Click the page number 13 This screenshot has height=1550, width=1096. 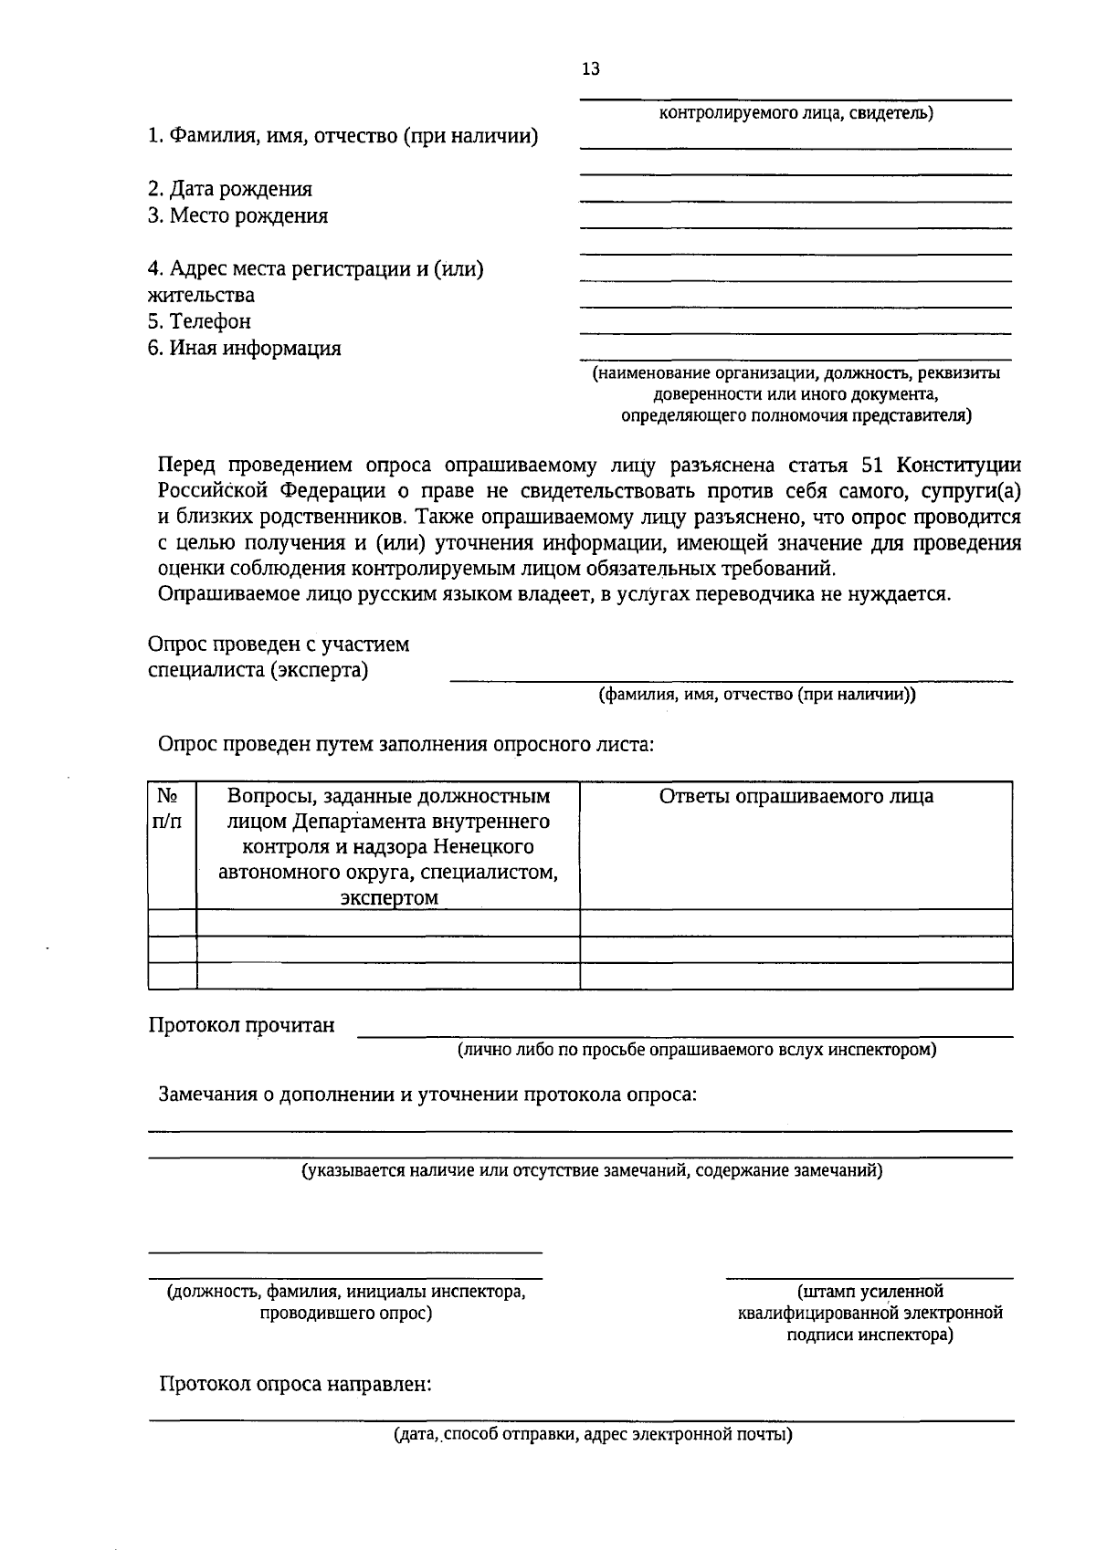pos(590,69)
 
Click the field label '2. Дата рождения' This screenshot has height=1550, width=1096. pos(230,189)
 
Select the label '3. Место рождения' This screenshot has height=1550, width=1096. pos(237,215)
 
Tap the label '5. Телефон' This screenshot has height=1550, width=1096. pos(199,321)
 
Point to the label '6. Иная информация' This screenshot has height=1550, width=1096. pos(245,348)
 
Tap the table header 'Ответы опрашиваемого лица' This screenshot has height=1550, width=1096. pos(796,796)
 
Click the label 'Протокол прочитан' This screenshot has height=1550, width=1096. pos(241,1025)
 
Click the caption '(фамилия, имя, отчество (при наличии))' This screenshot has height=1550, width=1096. pos(757,695)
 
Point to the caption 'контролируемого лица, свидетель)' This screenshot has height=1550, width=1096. pos(796,114)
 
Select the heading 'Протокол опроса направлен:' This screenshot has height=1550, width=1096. pos(295,1384)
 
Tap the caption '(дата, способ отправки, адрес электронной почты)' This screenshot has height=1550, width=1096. pos(593,1434)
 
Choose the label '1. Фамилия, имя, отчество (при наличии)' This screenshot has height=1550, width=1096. pos(343,137)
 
